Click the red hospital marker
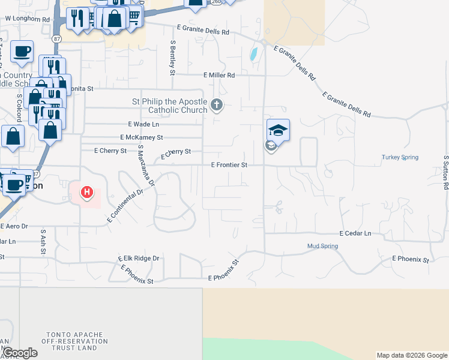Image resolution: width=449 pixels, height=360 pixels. pyautogui.click(x=88, y=193)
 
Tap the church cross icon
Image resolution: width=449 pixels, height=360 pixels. pyautogui.click(x=217, y=107)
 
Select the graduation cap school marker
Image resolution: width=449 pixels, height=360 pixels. pyautogui.click(x=278, y=130)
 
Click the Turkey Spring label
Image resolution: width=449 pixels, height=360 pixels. pyautogui.click(x=399, y=158)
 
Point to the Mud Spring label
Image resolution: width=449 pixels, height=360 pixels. pyautogui.click(x=322, y=246)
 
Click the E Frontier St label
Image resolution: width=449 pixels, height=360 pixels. pyautogui.click(x=229, y=164)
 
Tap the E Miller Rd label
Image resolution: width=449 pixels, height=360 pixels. pyautogui.click(x=219, y=75)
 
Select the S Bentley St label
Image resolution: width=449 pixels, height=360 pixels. pyautogui.click(x=172, y=57)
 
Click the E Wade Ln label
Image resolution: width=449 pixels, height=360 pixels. pyautogui.click(x=143, y=124)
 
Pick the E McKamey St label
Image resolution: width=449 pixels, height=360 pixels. pyautogui.click(x=142, y=137)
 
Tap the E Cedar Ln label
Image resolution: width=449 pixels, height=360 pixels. pyautogui.click(x=355, y=233)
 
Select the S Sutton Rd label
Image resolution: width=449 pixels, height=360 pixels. pyautogui.click(x=445, y=173)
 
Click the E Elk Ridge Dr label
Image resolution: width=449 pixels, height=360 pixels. pyautogui.click(x=139, y=259)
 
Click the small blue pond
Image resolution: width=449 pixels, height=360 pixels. pyautogui.click(x=253, y=55)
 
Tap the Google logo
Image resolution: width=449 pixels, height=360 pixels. pyautogui.click(x=20, y=353)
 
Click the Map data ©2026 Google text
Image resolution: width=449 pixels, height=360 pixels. pyautogui.click(x=412, y=355)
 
